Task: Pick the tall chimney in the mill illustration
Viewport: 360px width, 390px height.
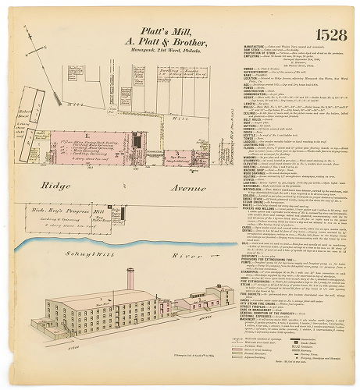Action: coord(129,281)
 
